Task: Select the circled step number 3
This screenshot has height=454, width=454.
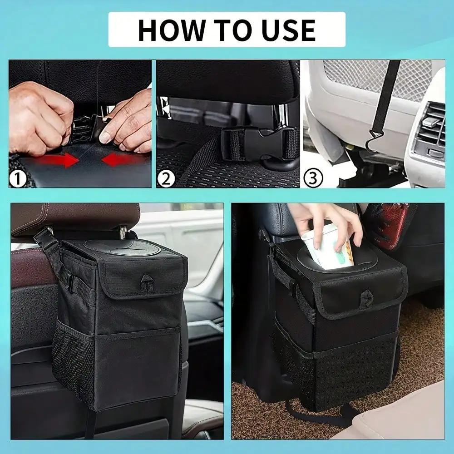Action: [313, 178]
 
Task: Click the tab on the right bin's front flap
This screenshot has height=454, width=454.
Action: [366, 298]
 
